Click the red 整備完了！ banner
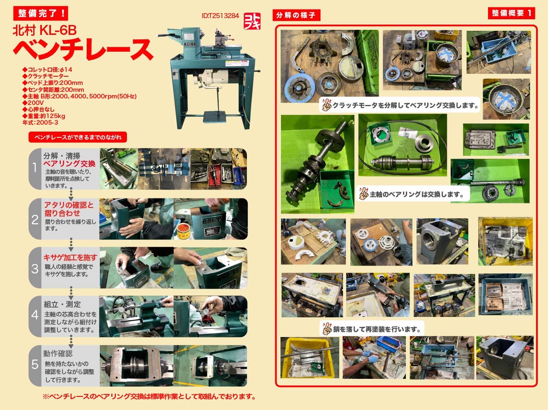pyautogui.click(x=40, y=13)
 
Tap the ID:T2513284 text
pyautogui.click(x=220, y=16)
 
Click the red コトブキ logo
pyautogui.click(x=252, y=21)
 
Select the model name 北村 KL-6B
pyautogui.click(x=45, y=30)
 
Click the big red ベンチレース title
pyautogui.click(x=83, y=49)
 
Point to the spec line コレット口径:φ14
pyautogui.click(x=47, y=70)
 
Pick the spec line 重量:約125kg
pyautogui.click(x=44, y=116)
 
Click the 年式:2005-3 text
pyautogui.click(x=40, y=123)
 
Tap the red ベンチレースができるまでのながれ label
pyautogui.click(x=78, y=137)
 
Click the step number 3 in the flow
pyautogui.click(x=35, y=269)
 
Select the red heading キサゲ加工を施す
pyautogui.click(x=70, y=257)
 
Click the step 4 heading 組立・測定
pyautogui.click(x=62, y=304)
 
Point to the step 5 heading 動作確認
pyautogui.click(x=58, y=353)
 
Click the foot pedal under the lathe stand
pyautogui.click(x=214, y=117)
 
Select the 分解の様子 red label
pyautogui.click(x=296, y=16)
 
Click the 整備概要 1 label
pyautogui.click(x=511, y=13)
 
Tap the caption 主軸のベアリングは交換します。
pyautogui.click(x=417, y=194)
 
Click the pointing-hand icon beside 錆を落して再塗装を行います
pyautogui.click(x=326, y=329)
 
